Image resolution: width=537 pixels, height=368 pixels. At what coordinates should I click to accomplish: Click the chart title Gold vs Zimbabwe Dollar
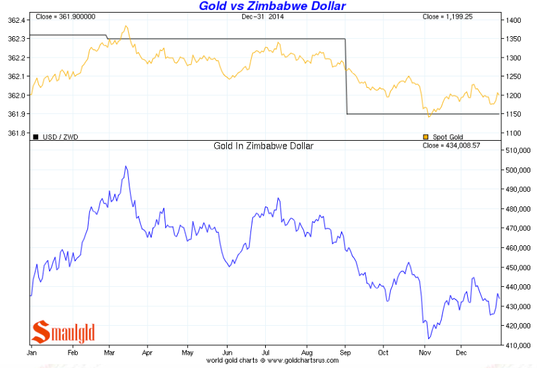[273, 6]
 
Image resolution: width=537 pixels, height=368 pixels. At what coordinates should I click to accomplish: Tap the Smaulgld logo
[64, 332]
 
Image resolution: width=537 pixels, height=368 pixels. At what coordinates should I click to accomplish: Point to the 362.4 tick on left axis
[15, 21]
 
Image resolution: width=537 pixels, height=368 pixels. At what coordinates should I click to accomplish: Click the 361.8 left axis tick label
[15, 133]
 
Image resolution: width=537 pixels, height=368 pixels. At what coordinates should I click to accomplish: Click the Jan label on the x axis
[31, 352]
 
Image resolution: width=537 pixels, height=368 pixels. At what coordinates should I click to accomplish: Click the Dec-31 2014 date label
[263, 15]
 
